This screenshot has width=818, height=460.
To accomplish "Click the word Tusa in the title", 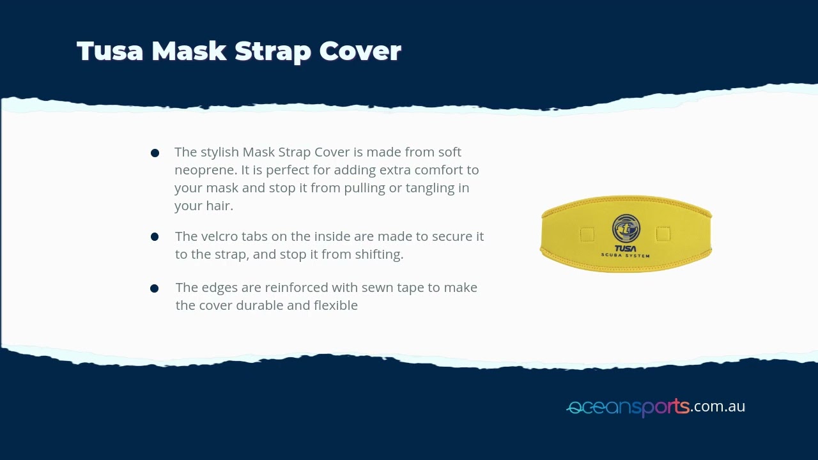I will (x=110, y=51).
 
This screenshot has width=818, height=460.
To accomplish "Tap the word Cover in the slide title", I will (x=360, y=51).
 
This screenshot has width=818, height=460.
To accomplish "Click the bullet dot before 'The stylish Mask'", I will (x=155, y=153).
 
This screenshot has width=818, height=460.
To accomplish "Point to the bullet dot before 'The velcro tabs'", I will (x=155, y=237).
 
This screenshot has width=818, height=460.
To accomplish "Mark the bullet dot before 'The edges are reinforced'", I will (x=155, y=289).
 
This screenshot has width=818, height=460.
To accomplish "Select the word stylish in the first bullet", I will (x=220, y=152).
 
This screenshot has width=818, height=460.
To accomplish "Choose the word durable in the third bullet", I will (x=259, y=305).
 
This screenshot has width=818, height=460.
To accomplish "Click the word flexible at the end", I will (x=336, y=305).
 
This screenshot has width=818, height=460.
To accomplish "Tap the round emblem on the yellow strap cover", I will (x=626, y=229).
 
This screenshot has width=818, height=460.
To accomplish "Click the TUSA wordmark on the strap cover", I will (x=625, y=249).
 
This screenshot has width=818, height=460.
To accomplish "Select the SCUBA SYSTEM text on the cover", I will (x=625, y=256).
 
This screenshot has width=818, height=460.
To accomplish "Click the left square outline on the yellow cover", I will (x=587, y=234).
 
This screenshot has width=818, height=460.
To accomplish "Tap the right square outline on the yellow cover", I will (x=663, y=234).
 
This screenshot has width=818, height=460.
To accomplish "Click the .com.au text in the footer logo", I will (x=718, y=406).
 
